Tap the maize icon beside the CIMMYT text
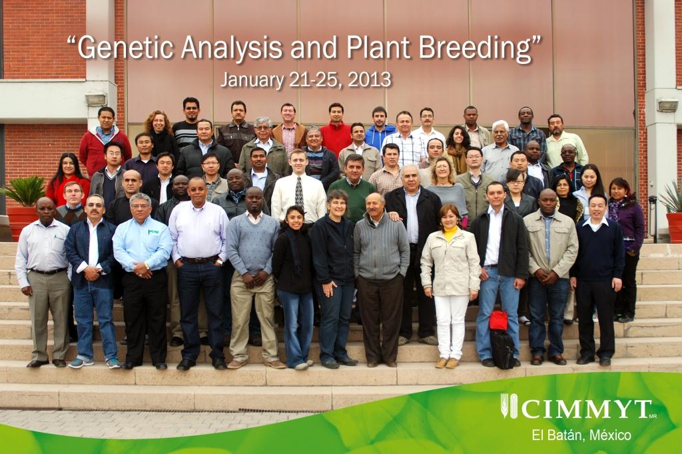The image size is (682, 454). click(x=509, y=406)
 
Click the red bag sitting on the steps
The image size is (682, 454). click(x=498, y=321)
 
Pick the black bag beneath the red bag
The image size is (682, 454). click(x=502, y=348)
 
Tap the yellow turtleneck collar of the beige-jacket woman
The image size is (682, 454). click(x=451, y=233)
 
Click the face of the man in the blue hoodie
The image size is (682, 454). click(x=380, y=116)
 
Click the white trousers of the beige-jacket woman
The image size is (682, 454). click(x=452, y=323)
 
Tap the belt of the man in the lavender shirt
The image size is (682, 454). click(x=198, y=259)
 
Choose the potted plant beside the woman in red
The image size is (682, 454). click(x=24, y=200)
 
